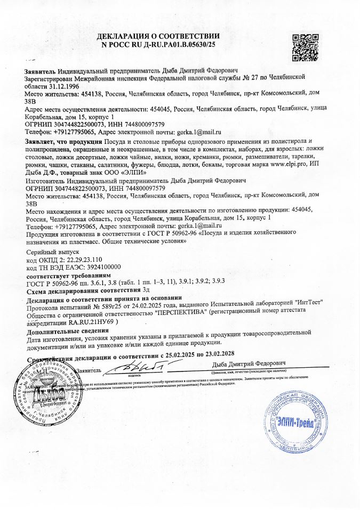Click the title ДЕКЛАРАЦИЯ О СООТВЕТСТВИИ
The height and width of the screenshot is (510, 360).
pyautogui.click(x=158, y=36)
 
